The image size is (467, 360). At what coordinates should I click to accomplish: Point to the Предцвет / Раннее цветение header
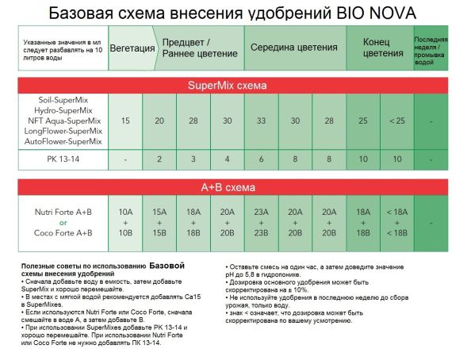click(x=198, y=48)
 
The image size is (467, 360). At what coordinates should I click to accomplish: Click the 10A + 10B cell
click(x=125, y=223)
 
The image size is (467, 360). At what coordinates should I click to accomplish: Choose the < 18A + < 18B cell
click(x=396, y=223)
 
